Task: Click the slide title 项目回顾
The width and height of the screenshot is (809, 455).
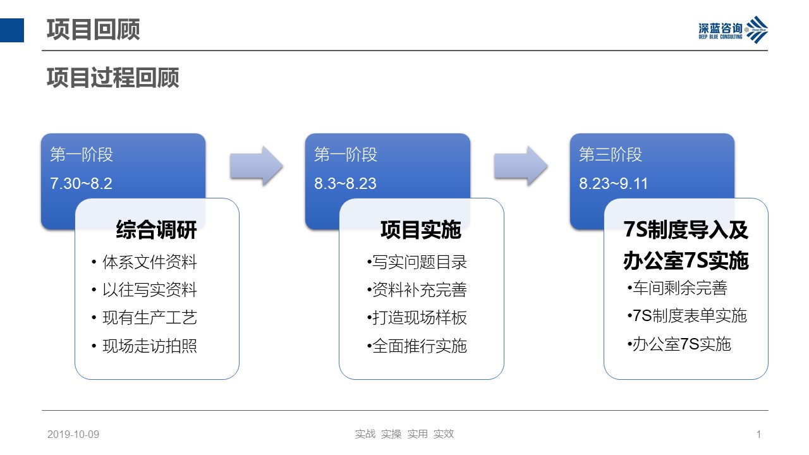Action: pos(93,30)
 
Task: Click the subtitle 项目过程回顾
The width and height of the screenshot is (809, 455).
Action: pos(113,78)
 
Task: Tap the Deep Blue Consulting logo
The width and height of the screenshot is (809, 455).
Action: pos(733,30)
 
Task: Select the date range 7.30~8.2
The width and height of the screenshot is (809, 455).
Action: pos(81,183)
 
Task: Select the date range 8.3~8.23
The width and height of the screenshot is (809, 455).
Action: pos(345,183)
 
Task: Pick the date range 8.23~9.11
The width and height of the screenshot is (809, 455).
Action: pos(613,183)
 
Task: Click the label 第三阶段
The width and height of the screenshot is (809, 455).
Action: pos(611,155)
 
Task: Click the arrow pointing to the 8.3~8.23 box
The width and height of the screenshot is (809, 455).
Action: pos(256,166)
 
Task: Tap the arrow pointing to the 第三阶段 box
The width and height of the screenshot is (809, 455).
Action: pos(520,166)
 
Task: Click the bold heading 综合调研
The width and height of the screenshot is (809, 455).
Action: pos(156,229)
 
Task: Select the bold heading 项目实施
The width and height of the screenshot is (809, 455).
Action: pos(421,229)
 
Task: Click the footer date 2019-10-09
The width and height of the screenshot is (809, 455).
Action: pos(73,434)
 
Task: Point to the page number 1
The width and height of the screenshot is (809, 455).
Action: pos(758,434)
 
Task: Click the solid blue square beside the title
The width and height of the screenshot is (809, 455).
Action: pos(12,30)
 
